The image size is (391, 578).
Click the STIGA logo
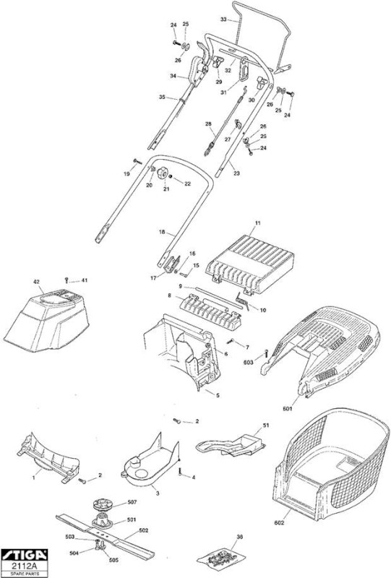tap(25, 555)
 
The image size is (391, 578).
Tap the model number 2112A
tap(25, 566)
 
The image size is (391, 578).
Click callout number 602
tap(279, 522)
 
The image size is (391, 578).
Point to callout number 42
tap(36, 282)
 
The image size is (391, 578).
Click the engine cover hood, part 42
tap(46, 319)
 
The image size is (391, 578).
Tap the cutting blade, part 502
tap(105, 533)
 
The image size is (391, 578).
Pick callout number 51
tap(266, 425)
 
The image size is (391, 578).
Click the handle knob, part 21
tap(163, 173)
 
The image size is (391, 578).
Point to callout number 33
tap(223, 20)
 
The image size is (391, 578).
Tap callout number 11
tap(258, 223)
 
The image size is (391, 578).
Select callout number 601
tap(287, 408)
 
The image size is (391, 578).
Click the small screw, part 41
tap(66, 280)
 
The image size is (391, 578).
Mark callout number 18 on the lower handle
tap(162, 232)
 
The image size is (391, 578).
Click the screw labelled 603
tap(265, 354)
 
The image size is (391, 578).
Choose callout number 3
tap(158, 493)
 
